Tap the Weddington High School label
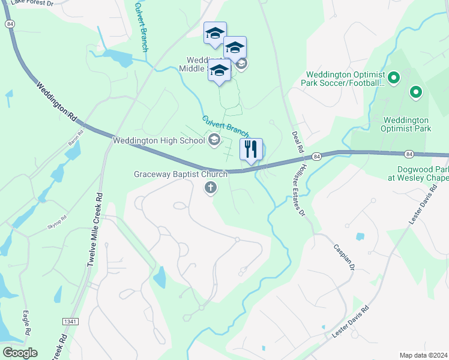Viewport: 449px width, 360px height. click(158, 141)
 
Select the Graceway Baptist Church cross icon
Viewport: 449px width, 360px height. click(210, 188)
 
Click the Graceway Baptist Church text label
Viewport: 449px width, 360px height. click(180, 175)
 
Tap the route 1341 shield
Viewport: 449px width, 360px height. click(70, 322)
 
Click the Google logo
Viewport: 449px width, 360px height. click(19, 353)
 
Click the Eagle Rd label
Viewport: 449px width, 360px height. click(26, 323)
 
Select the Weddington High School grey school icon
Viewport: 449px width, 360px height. click(213, 140)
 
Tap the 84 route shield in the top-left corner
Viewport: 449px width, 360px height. click(8, 23)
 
